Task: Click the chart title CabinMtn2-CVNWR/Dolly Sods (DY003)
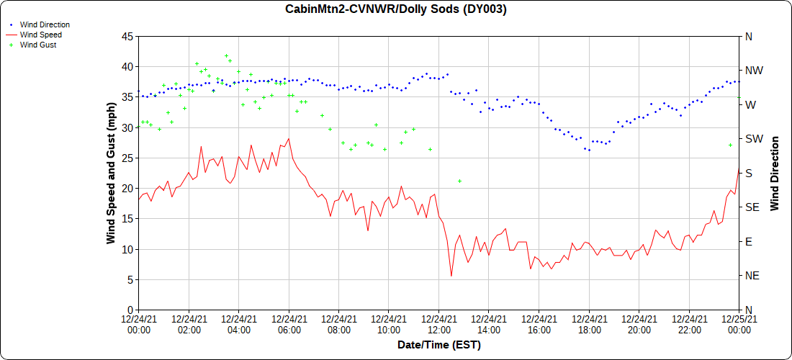point(396,9)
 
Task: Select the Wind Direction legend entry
point(45,24)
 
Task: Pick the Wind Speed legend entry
point(40,35)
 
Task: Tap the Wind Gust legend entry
point(38,45)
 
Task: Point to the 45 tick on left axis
point(127,36)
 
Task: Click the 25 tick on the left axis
point(127,158)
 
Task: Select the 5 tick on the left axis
point(130,279)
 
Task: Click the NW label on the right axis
point(754,71)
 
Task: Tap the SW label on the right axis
point(754,139)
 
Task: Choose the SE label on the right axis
point(752,207)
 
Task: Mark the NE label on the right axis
point(752,276)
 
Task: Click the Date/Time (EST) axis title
point(438,345)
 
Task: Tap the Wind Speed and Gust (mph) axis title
point(111,173)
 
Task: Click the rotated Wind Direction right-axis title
point(775,173)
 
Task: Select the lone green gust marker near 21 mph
point(459,181)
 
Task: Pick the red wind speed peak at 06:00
point(289,139)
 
